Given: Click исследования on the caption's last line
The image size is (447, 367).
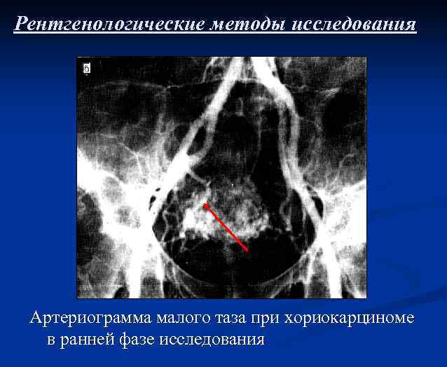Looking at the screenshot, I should [x=212, y=340].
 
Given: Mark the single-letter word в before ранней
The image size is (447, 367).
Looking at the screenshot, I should [x=51, y=340].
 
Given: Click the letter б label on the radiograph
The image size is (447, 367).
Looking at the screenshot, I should [x=87, y=68].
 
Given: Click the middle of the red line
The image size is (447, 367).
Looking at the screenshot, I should [x=226, y=227].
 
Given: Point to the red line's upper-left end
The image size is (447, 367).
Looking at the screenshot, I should [x=205, y=205].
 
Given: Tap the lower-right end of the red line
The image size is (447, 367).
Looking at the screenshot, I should [x=247, y=249].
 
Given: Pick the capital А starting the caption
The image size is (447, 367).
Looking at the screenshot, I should [x=37, y=319].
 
